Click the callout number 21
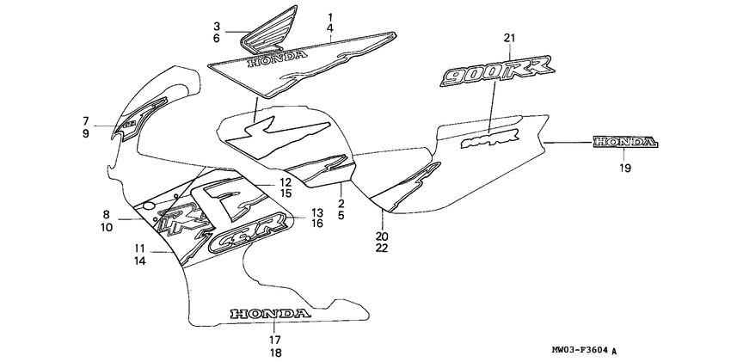pos(509,37)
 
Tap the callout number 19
pos(624,169)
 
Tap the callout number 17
pos(273,339)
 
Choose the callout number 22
pos(381,248)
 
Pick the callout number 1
pos(330,17)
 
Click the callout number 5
pos(341,217)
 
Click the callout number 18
pos(273,352)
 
